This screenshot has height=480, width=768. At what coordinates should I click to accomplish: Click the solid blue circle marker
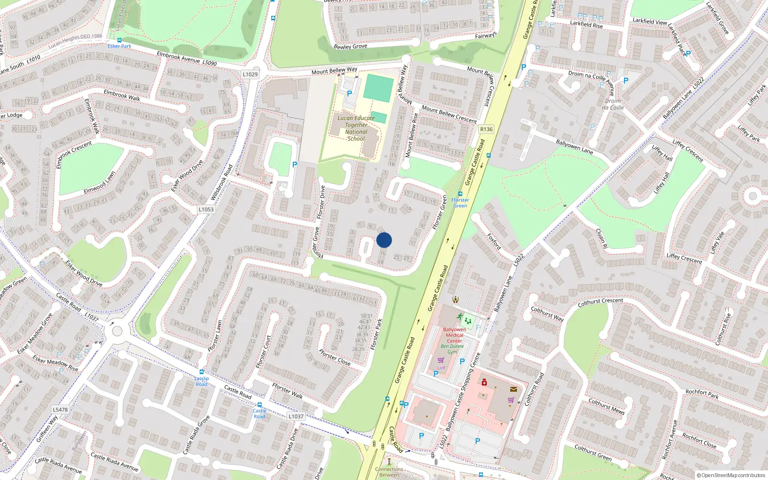[x=384, y=240]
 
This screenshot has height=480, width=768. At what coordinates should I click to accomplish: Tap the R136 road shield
[x=486, y=129]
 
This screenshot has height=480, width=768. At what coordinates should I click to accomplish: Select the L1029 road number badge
[x=250, y=74]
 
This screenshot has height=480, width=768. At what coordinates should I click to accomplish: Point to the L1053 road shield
[x=206, y=209]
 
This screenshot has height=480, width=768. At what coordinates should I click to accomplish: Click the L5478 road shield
[x=60, y=409]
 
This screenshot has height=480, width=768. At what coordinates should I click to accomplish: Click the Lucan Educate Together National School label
[x=356, y=128]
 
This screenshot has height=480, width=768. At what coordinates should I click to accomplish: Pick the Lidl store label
[x=441, y=368]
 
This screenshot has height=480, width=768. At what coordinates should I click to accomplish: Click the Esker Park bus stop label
[x=120, y=46]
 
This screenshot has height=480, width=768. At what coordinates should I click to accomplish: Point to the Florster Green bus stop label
[x=460, y=203]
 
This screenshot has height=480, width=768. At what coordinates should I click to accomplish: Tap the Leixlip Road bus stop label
[x=202, y=381]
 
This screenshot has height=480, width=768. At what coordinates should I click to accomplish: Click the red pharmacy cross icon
[x=484, y=383]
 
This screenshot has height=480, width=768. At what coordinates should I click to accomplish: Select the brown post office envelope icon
[x=513, y=389]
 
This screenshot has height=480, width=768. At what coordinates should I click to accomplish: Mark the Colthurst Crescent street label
[x=600, y=302]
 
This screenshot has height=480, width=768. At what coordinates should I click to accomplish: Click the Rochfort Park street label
[x=702, y=394]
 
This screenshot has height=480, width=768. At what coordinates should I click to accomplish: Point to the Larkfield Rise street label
[x=586, y=24]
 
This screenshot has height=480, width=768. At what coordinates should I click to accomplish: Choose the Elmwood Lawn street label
[x=99, y=182]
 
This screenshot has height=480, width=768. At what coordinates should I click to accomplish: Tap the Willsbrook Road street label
[x=221, y=182]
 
